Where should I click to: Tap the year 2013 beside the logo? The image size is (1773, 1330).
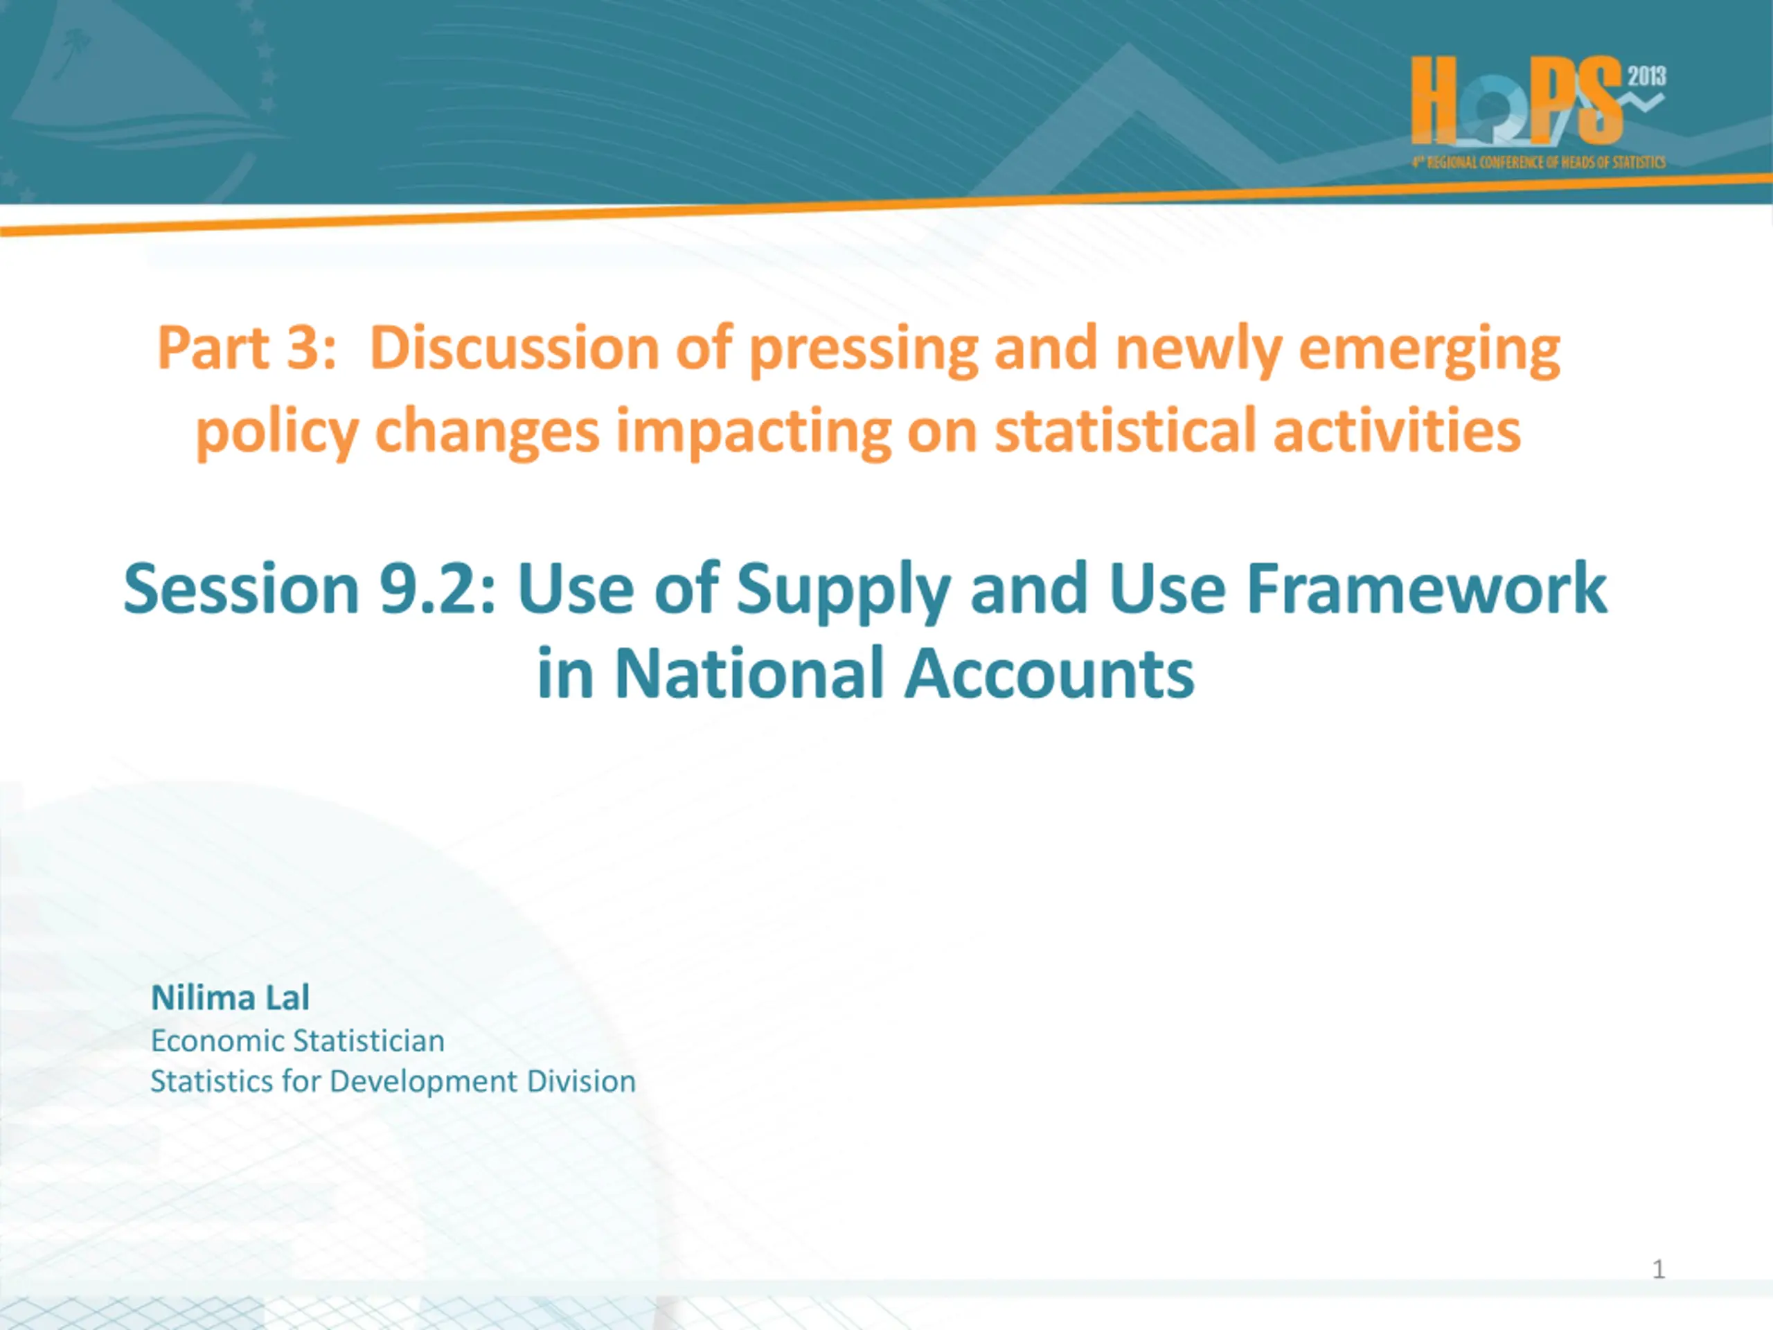tap(1646, 76)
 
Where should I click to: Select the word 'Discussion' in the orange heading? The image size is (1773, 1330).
tap(515, 348)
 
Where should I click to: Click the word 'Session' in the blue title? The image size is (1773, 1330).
tap(241, 589)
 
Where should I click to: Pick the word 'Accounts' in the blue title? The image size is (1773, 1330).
tap(1049, 673)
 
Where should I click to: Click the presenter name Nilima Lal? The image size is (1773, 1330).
tap(230, 998)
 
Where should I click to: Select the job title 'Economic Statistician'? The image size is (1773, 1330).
tap(297, 1040)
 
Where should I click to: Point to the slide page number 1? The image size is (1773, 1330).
tap(1659, 1269)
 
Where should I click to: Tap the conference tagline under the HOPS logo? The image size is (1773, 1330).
tap(1539, 162)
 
